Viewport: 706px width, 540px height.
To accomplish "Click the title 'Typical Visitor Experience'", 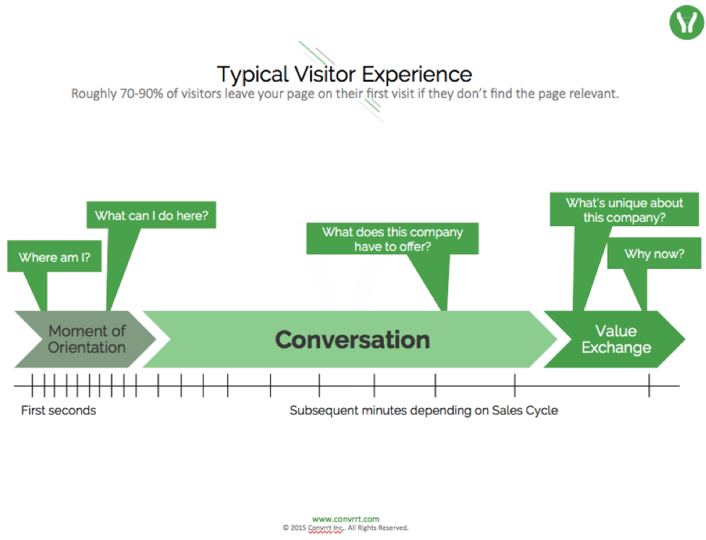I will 345,74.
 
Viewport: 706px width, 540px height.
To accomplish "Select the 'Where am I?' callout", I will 54,257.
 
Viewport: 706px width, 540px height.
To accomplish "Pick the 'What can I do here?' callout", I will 156,215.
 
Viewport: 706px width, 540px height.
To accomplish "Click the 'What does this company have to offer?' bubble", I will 392,239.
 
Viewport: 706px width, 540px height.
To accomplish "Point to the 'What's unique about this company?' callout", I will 625,210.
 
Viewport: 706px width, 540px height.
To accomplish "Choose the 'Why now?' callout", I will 655,254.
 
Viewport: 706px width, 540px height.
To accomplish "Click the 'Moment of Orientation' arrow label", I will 87,339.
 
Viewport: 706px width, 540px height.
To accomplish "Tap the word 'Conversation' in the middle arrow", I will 353,339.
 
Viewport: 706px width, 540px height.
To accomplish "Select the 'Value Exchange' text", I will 616,339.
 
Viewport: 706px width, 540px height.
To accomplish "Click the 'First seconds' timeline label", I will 59,410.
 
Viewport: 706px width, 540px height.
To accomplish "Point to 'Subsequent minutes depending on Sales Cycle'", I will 424,410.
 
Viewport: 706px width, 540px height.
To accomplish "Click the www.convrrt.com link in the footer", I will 345,519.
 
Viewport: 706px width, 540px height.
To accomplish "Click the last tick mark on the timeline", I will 649,386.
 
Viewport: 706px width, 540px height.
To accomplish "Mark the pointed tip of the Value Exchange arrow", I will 684,339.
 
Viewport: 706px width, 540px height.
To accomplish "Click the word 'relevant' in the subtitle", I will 596,94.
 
